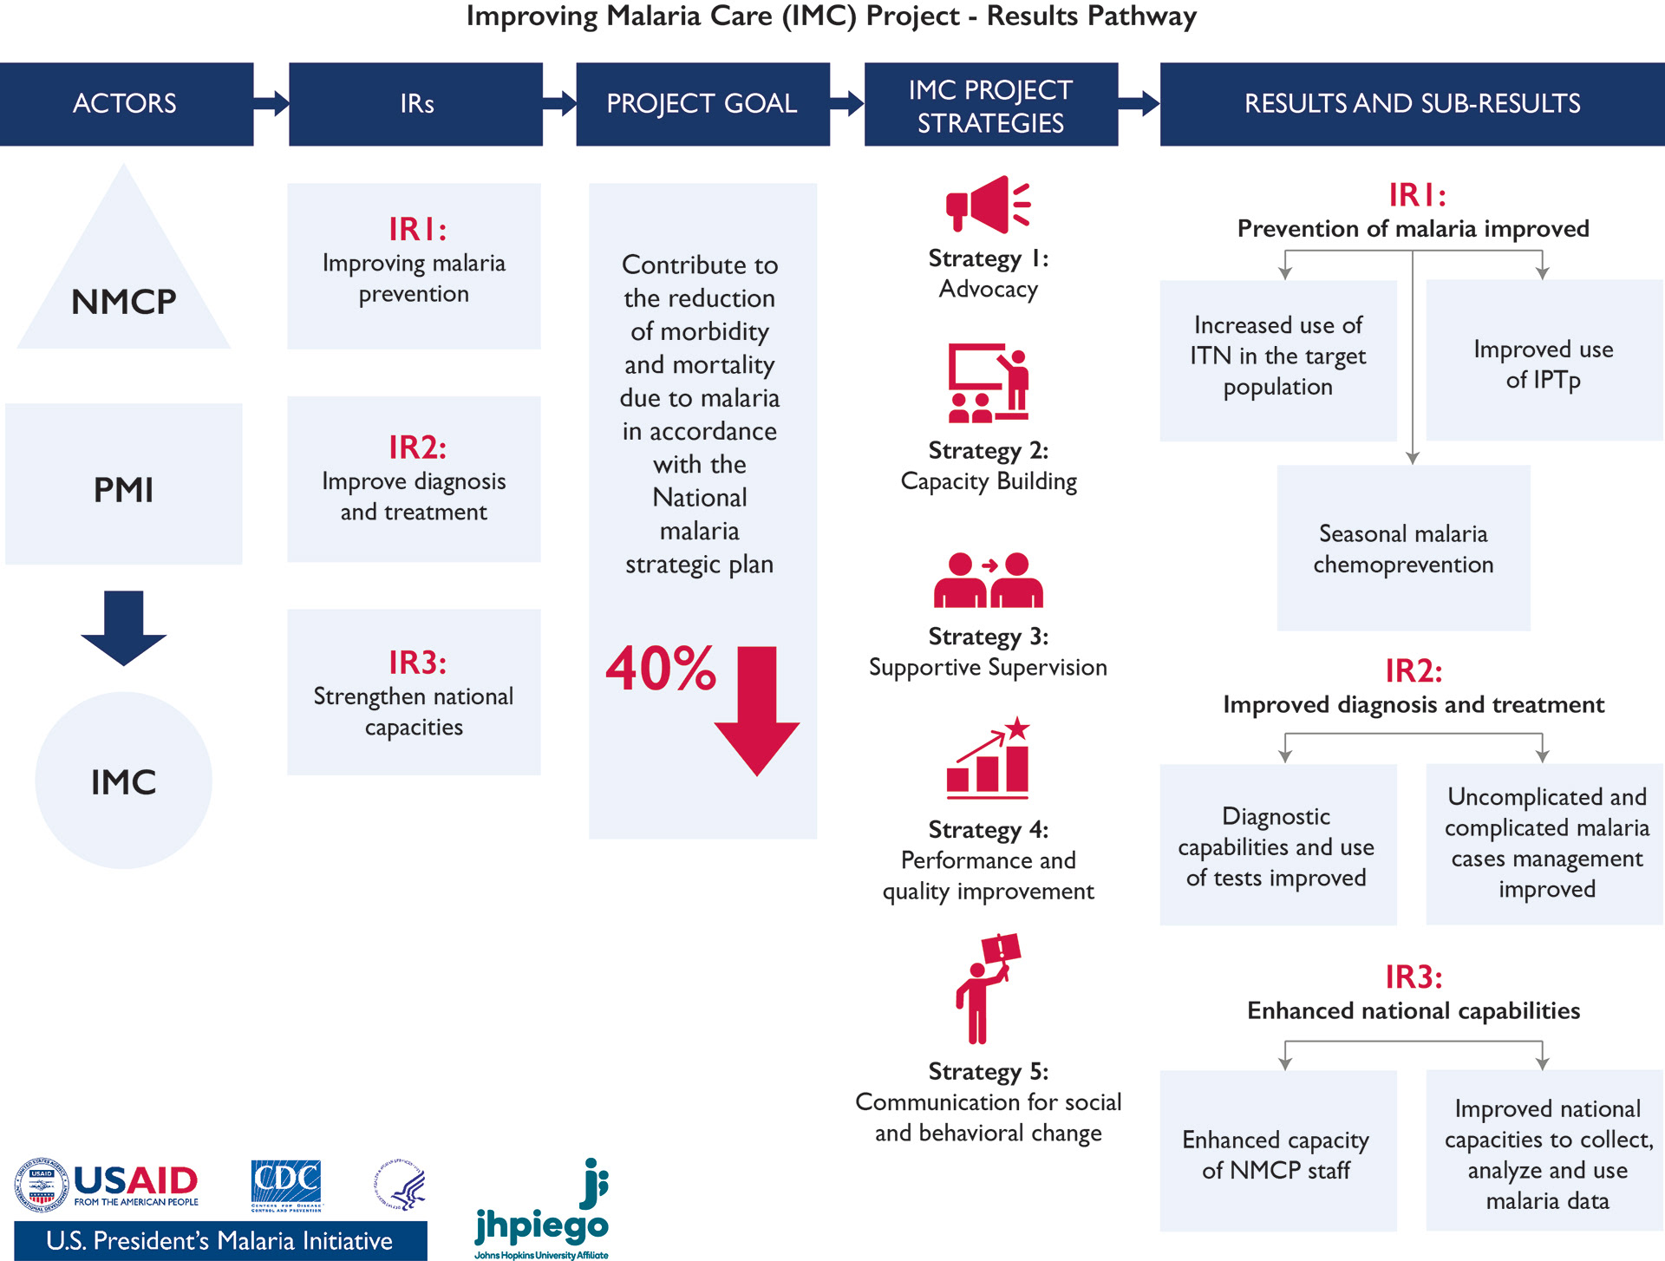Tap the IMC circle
click(124, 780)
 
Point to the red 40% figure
click(661, 669)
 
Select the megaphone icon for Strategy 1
click(988, 205)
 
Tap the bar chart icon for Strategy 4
click(989, 759)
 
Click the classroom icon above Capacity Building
click(989, 383)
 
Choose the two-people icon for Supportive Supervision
click(989, 580)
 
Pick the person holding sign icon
click(988, 988)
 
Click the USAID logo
click(108, 1185)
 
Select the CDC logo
click(286, 1185)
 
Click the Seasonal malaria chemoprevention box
click(1403, 548)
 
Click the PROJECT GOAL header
click(702, 104)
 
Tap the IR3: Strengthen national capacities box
click(414, 692)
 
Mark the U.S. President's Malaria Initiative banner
click(220, 1241)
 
